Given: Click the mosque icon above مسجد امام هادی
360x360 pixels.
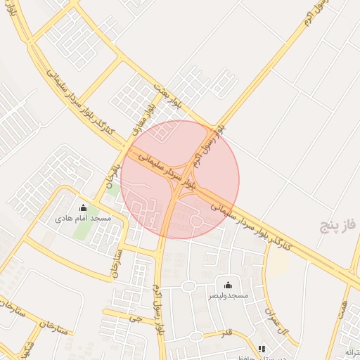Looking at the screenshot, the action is pyautogui.click(x=84, y=207).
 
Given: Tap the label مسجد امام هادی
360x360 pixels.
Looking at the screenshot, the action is pyautogui.click(x=84, y=219).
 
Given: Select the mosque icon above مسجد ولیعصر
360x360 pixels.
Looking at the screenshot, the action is pyautogui.click(x=228, y=285).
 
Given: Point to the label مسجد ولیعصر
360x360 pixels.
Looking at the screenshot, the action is pyautogui.click(x=227, y=296).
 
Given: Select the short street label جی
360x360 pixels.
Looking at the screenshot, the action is pyautogui.click(x=136, y=318).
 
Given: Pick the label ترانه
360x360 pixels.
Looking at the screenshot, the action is pyautogui.click(x=352, y=351).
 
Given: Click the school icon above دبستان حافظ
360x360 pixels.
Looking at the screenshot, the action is pyautogui.click(x=262, y=349).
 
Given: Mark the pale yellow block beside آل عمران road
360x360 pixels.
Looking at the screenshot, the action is pyautogui.click(x=279, y=263).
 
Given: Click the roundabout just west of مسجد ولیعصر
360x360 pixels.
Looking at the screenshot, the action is pyautogui.click(x=188, y=286).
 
